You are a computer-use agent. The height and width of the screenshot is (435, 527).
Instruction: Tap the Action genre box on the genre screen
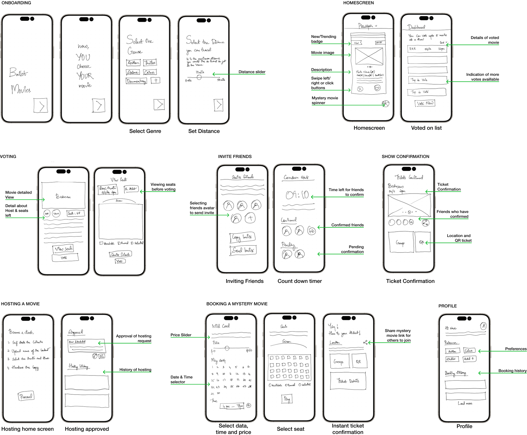133,63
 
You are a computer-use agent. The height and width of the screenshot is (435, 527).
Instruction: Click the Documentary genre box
136,81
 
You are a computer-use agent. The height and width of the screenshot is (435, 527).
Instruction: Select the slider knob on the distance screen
199,77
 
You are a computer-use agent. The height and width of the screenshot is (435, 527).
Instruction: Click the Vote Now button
425,103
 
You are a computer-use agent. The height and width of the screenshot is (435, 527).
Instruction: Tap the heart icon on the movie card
377,88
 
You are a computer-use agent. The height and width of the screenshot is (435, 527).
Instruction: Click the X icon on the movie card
360,89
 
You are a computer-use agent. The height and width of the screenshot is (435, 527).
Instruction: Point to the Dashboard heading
416,27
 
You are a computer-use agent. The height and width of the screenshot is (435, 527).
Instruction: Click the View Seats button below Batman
63,249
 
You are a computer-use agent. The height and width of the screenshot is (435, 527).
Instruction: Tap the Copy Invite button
242,237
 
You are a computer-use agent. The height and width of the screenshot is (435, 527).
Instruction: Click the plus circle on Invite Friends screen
250,218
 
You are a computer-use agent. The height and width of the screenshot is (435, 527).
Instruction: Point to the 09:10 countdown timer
297,195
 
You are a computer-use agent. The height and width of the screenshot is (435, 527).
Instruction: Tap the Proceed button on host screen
26,396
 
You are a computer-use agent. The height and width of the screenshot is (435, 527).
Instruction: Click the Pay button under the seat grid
287,399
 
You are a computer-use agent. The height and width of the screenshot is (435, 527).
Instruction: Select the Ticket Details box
348,381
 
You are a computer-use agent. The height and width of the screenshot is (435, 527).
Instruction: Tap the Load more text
465,403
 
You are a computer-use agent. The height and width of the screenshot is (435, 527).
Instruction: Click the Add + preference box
469,359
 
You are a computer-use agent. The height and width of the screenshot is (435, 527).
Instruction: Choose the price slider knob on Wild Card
227,348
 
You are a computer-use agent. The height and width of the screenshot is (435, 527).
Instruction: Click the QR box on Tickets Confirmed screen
422,242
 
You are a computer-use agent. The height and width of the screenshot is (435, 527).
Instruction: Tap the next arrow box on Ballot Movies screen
41,105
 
